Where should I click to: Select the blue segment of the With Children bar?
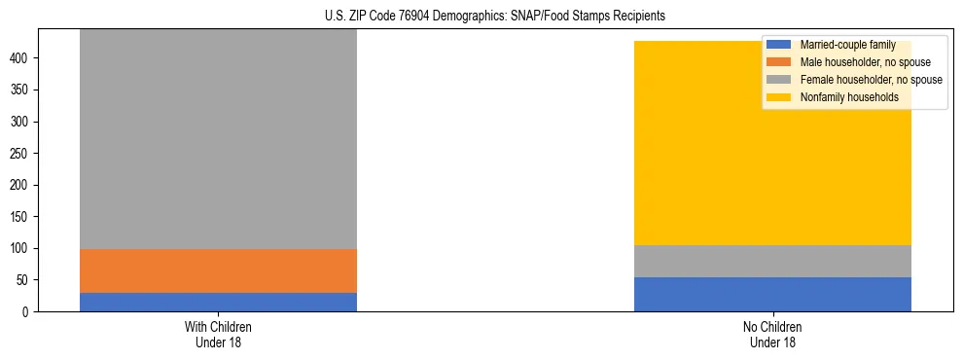click(x=218, y=302)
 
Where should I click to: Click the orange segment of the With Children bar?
click(x=218, y=270)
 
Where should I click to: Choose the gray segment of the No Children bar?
click(x=772, y=261)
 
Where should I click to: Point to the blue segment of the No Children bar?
click(x=772, y=294)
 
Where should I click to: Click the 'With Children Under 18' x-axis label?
click(x=218, y=334)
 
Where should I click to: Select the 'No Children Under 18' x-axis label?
click(x=772, y=334)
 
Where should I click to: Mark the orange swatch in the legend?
click(x=779, y=62)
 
